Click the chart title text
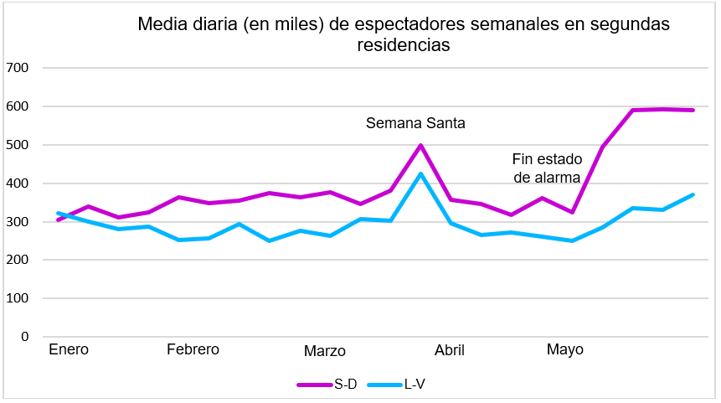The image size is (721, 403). coord(404,34)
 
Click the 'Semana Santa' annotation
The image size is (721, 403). coord(415,123)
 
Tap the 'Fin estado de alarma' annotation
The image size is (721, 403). coord(546,166)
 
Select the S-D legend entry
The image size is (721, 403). coord(327,385)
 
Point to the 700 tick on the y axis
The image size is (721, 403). coord(17,68)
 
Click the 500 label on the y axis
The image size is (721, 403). coord(17,145)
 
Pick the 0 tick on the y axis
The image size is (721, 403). coord(25,337)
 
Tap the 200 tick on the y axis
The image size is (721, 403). coord(17,260)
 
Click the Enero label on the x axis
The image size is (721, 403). coord(69,349)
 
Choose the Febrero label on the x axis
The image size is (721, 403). coord(193,349)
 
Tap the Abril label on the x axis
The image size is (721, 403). coord(449,350)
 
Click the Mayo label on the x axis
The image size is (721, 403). coord(565,349)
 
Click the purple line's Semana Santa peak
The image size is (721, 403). coord(420,145)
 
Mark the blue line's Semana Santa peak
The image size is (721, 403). coord(420,173)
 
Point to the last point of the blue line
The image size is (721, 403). coord(693,194)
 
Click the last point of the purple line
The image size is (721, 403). coord(693,110)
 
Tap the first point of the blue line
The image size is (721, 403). coord(57,213)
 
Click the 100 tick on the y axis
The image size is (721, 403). coord(17,298)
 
